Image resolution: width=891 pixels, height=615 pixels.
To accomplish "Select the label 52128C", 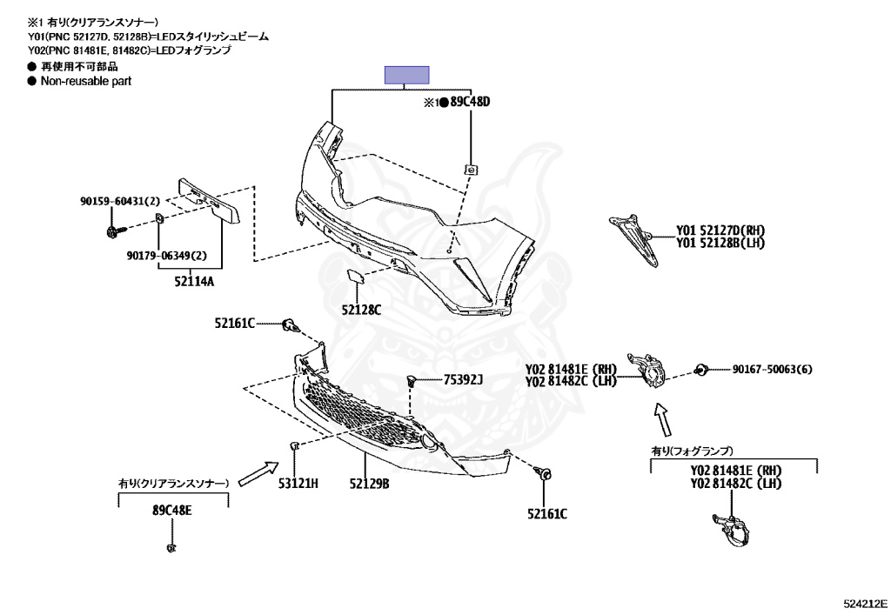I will pyautogui.click(x=361, y=309).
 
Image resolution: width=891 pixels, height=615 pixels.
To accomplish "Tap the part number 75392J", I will pyautogui.click(x=463, y=379).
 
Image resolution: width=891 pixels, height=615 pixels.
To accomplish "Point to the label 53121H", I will pyautogui.click(x=298, y=482).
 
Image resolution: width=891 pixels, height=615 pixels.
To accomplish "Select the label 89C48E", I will pyautogui.click(x=171, y=510).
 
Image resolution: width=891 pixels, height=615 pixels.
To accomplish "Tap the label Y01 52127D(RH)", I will pyautogui.click(x=720, y=231).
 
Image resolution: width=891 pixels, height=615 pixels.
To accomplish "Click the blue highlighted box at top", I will pyautogui.click(x=407, y=75).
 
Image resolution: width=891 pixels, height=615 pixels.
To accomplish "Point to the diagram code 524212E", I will pyautogui.click(x=863, y=602).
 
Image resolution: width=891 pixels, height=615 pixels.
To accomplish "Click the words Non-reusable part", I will pyautogui.click(x=85, y=81).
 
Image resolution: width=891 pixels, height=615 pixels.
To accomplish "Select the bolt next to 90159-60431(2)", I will pyautogui.click(x=114, y=231).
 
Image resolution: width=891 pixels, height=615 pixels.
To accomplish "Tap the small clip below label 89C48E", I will pyautogui.click(x=171, y=548).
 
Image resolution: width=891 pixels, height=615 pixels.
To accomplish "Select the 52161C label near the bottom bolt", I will pyautogui.click(x=546, y=513).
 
